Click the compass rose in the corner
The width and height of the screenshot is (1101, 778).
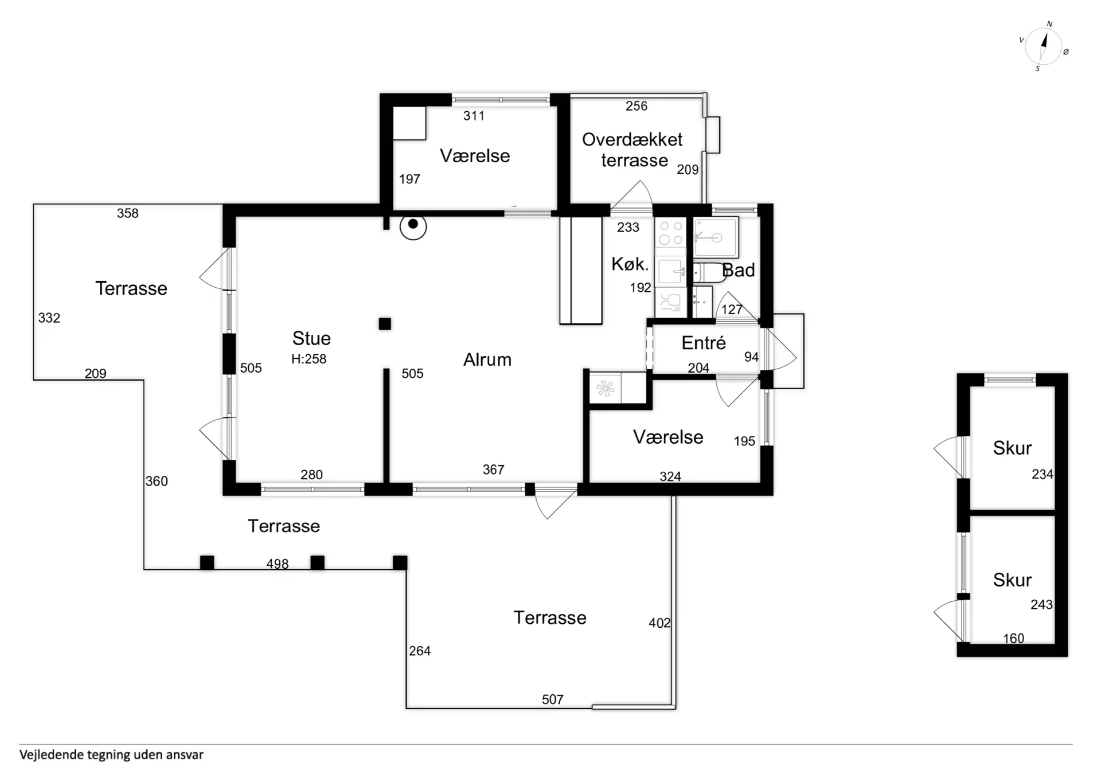pos(1043,46)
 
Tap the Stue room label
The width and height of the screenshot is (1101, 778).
pos(311,338)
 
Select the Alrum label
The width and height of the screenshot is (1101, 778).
pos(487,359)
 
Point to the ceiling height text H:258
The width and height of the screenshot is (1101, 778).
pos(309,359)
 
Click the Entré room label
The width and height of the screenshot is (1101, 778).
pos(704,342)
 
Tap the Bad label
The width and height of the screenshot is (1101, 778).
pos(739,270)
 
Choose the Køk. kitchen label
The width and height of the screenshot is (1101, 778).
pos(630,264)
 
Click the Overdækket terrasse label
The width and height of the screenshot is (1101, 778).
pos(633,150)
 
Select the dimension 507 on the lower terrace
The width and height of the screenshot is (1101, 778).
pos(553,699)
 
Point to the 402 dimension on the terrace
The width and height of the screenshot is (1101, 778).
pos(659,623)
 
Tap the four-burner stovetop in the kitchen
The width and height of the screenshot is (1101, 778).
pos(670,233)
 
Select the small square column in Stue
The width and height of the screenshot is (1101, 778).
pos(385,324)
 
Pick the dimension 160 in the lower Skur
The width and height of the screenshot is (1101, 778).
pos(1013,638)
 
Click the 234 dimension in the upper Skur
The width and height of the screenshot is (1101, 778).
pos(1042,474)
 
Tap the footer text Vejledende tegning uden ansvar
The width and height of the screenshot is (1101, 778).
pos(111,755)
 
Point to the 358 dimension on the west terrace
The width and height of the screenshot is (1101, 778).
pos(127,213)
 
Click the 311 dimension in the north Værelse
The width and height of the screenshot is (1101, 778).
pos(474,116)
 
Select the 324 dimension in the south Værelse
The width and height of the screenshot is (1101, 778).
pos(670,476)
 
